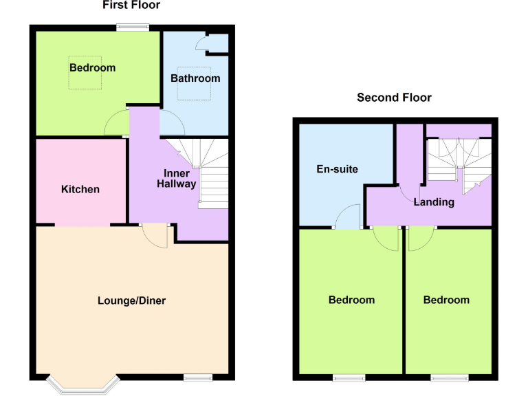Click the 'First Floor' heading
(131, 5)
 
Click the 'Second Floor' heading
(394, 98)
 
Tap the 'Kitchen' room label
(80, 189)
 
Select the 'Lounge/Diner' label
(131, 300)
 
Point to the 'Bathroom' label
(195, 78)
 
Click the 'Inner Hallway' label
(177, 178)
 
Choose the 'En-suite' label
(337, 169)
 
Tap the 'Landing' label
(434, 202)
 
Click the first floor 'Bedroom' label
(92, 67)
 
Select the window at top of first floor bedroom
(132, 27)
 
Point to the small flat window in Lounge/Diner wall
(197, 377)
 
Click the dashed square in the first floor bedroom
(84, 73)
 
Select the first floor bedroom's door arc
(115, 124)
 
